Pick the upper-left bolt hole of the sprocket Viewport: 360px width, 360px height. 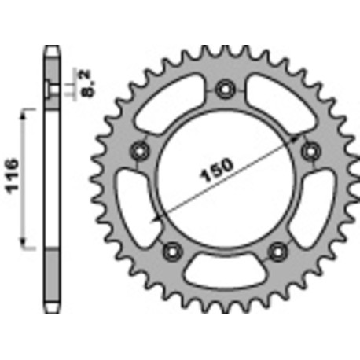(141, 148)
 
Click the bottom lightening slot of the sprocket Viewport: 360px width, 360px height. (226, 273)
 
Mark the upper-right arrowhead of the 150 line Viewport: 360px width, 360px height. (303, 136)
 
